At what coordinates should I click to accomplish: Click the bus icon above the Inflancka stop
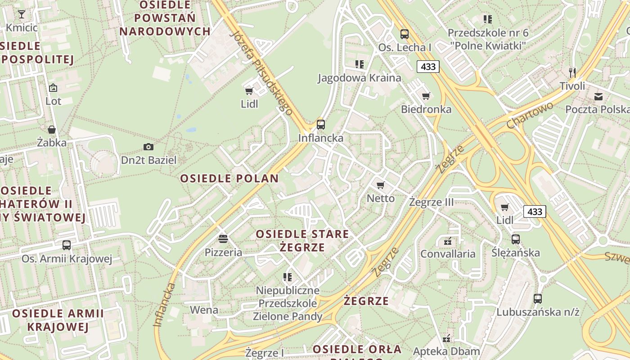pos(321,125)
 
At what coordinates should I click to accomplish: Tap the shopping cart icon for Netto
pos(381,185)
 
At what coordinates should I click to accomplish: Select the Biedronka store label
pos(426,109)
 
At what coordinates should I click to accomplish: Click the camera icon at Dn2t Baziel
pos(148,147)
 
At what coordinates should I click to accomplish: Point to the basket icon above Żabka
pos(52,130)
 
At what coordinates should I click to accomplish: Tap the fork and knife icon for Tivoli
pos(572,72)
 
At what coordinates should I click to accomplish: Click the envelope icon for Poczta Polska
pos(598,96)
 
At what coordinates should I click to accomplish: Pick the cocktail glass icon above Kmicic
pos(21,14)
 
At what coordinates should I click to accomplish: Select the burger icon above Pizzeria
pos(223,239)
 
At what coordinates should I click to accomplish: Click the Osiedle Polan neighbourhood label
pos(229,179)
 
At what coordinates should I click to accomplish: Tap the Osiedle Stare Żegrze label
pos(302,241)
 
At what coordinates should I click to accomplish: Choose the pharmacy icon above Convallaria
pos(447,241)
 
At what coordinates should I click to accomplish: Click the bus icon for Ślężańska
pos(516,239)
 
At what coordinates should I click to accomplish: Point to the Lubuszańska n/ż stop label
pos(538,312)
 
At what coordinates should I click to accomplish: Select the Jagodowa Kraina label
pos(360,78)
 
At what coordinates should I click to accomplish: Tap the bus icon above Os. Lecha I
pos(405,34)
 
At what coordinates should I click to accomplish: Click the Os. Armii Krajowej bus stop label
pos(67,259)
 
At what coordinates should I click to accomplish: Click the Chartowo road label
pos(530,115)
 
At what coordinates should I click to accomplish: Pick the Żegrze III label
pos(432,202)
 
